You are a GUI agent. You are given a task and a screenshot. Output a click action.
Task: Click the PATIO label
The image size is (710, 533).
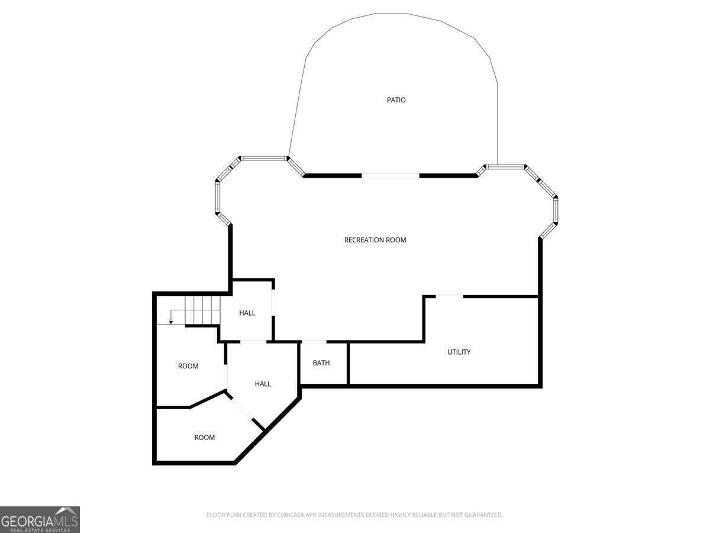pyautogui.click(x=396, y=100)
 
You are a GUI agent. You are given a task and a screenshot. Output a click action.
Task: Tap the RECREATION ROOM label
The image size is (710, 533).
pyautogui.click(x=375, y=240)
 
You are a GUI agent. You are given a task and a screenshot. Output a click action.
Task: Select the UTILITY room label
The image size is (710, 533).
pyautogui.click(x=459, y=352)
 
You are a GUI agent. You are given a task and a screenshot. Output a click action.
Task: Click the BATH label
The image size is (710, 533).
pyautogui.click(x=321, y=363)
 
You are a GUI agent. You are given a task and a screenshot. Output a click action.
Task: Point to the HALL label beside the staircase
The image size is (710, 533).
pyautogui.click(x=247, y=313)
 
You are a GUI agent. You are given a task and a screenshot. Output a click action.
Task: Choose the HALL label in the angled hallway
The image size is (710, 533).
pyautogui.click(x=263, y=384)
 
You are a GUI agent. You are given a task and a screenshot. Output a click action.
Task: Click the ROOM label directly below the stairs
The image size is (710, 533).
pyautogui.click(x=188, y=366)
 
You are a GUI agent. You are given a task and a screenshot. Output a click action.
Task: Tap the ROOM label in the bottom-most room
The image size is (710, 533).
pyautogui.click(x=205, y=438)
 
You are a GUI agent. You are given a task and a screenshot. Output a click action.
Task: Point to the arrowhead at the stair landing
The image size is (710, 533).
pyautogui.click(x=170, y=322)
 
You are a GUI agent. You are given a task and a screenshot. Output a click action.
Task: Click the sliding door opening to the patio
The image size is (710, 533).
pyautogui.click(x=390, y=175)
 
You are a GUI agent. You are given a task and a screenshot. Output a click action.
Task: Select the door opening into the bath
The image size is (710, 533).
pyautogui.click(x=314, y=342)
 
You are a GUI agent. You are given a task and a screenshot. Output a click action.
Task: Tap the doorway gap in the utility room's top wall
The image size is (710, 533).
pyautogui.click(x=450, y=296)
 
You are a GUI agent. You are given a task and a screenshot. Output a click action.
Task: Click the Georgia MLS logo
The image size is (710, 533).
pyautogui.click(x=40, y=519)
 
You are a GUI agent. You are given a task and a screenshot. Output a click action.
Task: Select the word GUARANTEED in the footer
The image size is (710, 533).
pyautogui.click(x=483, y=515)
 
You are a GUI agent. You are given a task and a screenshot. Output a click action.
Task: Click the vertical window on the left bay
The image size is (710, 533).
pyautogui.click(x=217, y=197)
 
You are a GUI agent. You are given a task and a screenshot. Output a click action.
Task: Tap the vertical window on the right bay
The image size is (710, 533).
pyautogui.click(x=556, y=210)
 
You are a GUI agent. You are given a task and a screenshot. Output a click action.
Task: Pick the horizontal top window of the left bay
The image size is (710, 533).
pyautogui.click(x=264, y=159)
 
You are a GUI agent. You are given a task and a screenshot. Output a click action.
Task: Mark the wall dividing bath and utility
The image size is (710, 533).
pyautogui.click(x=348, y=364)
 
